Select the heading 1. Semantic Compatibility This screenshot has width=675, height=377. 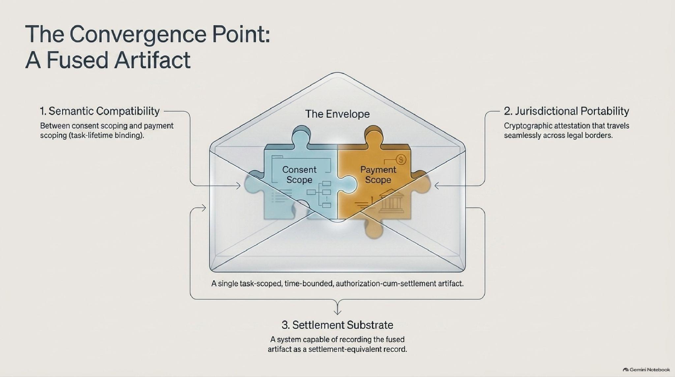pos(100,111)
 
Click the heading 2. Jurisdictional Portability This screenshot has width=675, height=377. pos(566,111)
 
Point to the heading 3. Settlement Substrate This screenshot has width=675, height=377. pos(337,325)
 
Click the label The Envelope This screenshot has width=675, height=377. pos(337,114)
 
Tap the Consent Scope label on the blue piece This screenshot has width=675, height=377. pos(299,174)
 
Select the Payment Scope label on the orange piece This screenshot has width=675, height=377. pos(378,174)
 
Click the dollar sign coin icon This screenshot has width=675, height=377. pos(401,160)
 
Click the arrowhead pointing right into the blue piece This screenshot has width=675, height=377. pos(238,186)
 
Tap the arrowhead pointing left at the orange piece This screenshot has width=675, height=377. pos(437,186)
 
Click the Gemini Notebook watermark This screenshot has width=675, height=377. pos(646,370)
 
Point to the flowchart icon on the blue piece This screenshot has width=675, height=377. pos(319,194)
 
